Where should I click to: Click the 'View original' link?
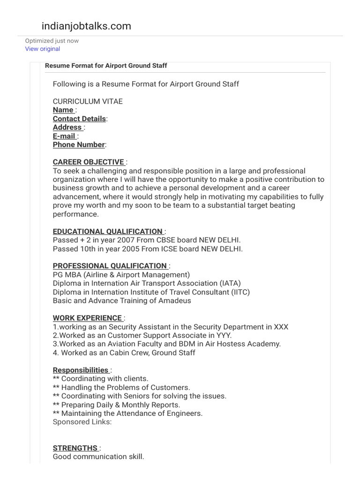pos(43,49)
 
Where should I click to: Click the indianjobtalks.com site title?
pos(86,26)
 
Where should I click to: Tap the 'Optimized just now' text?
pos(52,41)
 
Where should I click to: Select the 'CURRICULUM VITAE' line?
pos(88,101)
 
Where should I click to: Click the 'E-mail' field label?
pos(64,136)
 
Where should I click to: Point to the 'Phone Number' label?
pos(79,145)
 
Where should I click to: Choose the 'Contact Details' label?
pos(79,119)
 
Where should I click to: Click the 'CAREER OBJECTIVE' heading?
pos(89,162)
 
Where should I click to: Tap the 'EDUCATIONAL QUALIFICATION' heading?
pos(108,232)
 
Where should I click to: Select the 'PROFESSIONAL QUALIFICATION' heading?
pos(110,266)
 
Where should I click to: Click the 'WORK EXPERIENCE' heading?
pos(88,318)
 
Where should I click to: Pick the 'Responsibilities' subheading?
pos(81,370)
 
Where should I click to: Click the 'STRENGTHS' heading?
pos(75,448)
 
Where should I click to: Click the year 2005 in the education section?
pos(123,249)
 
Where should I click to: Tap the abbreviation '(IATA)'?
pos(230,284)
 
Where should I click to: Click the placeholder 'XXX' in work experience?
pos(281,327)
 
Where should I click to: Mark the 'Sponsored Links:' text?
pos(82,422)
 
